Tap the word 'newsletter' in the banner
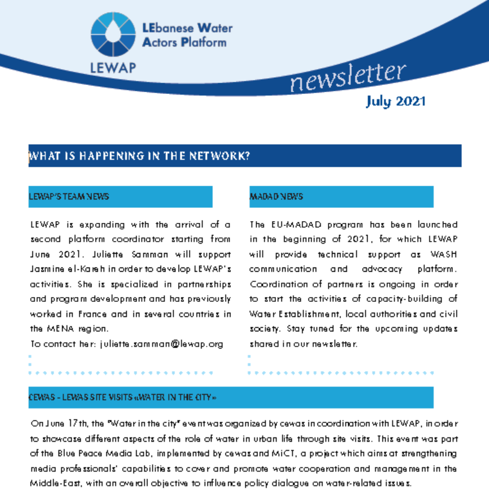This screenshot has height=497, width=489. pos(348,78)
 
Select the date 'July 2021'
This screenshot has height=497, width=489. pos(395,101)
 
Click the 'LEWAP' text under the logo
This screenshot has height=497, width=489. pos(112,67)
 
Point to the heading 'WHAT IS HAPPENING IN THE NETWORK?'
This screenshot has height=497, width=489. pos(140,156)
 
